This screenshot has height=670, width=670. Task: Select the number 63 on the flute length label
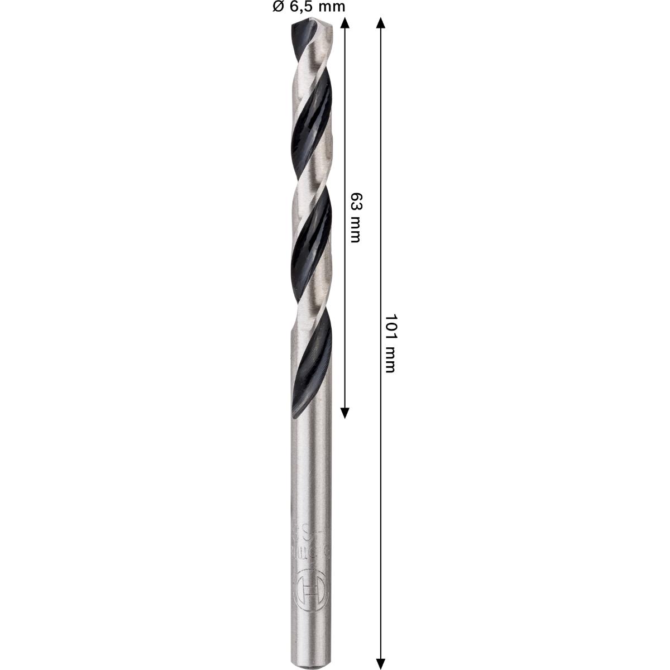[x=355, y=202]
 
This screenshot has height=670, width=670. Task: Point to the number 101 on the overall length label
[x=390, y=327]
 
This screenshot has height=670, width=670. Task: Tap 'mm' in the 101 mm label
[x=390, y=360]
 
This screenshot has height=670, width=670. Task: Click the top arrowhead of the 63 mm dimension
[x=344, y=22]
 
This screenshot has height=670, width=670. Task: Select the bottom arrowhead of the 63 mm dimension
[x=344, y=413]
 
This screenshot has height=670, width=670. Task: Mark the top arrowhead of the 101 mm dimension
[x=381, y=22]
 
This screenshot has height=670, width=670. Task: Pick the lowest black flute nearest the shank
[x=313, y=363]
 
